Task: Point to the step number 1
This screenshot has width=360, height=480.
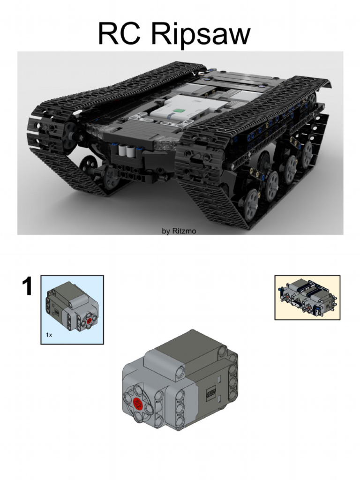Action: point(27,286)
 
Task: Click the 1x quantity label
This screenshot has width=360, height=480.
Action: point(49,335)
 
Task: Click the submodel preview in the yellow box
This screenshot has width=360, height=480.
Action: point(307,297)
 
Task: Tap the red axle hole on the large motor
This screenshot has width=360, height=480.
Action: point(138,403)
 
